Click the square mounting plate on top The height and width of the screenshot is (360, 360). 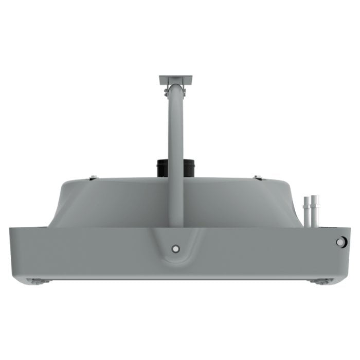175,80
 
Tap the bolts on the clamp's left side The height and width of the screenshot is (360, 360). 166,92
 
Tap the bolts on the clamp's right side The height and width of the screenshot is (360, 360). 185,92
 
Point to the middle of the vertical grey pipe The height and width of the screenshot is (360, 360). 175,154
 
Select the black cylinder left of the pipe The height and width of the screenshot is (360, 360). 162,168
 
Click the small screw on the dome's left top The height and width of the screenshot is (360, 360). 93,178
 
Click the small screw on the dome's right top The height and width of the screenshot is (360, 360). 258,178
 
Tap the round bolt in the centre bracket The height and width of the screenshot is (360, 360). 176,249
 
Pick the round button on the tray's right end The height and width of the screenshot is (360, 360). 340,242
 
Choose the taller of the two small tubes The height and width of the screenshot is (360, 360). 315,210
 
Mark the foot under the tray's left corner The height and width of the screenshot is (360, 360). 39,281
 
